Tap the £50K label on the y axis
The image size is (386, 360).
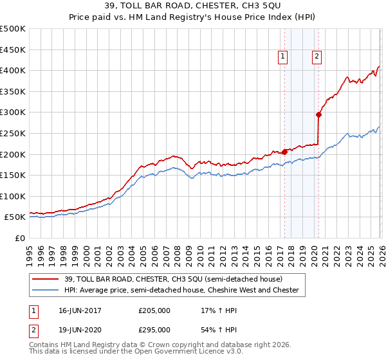(15, 217)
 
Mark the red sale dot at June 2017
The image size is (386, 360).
(284, 152)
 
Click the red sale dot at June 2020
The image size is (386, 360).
(318, 114)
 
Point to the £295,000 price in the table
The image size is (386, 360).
(154, 329)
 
